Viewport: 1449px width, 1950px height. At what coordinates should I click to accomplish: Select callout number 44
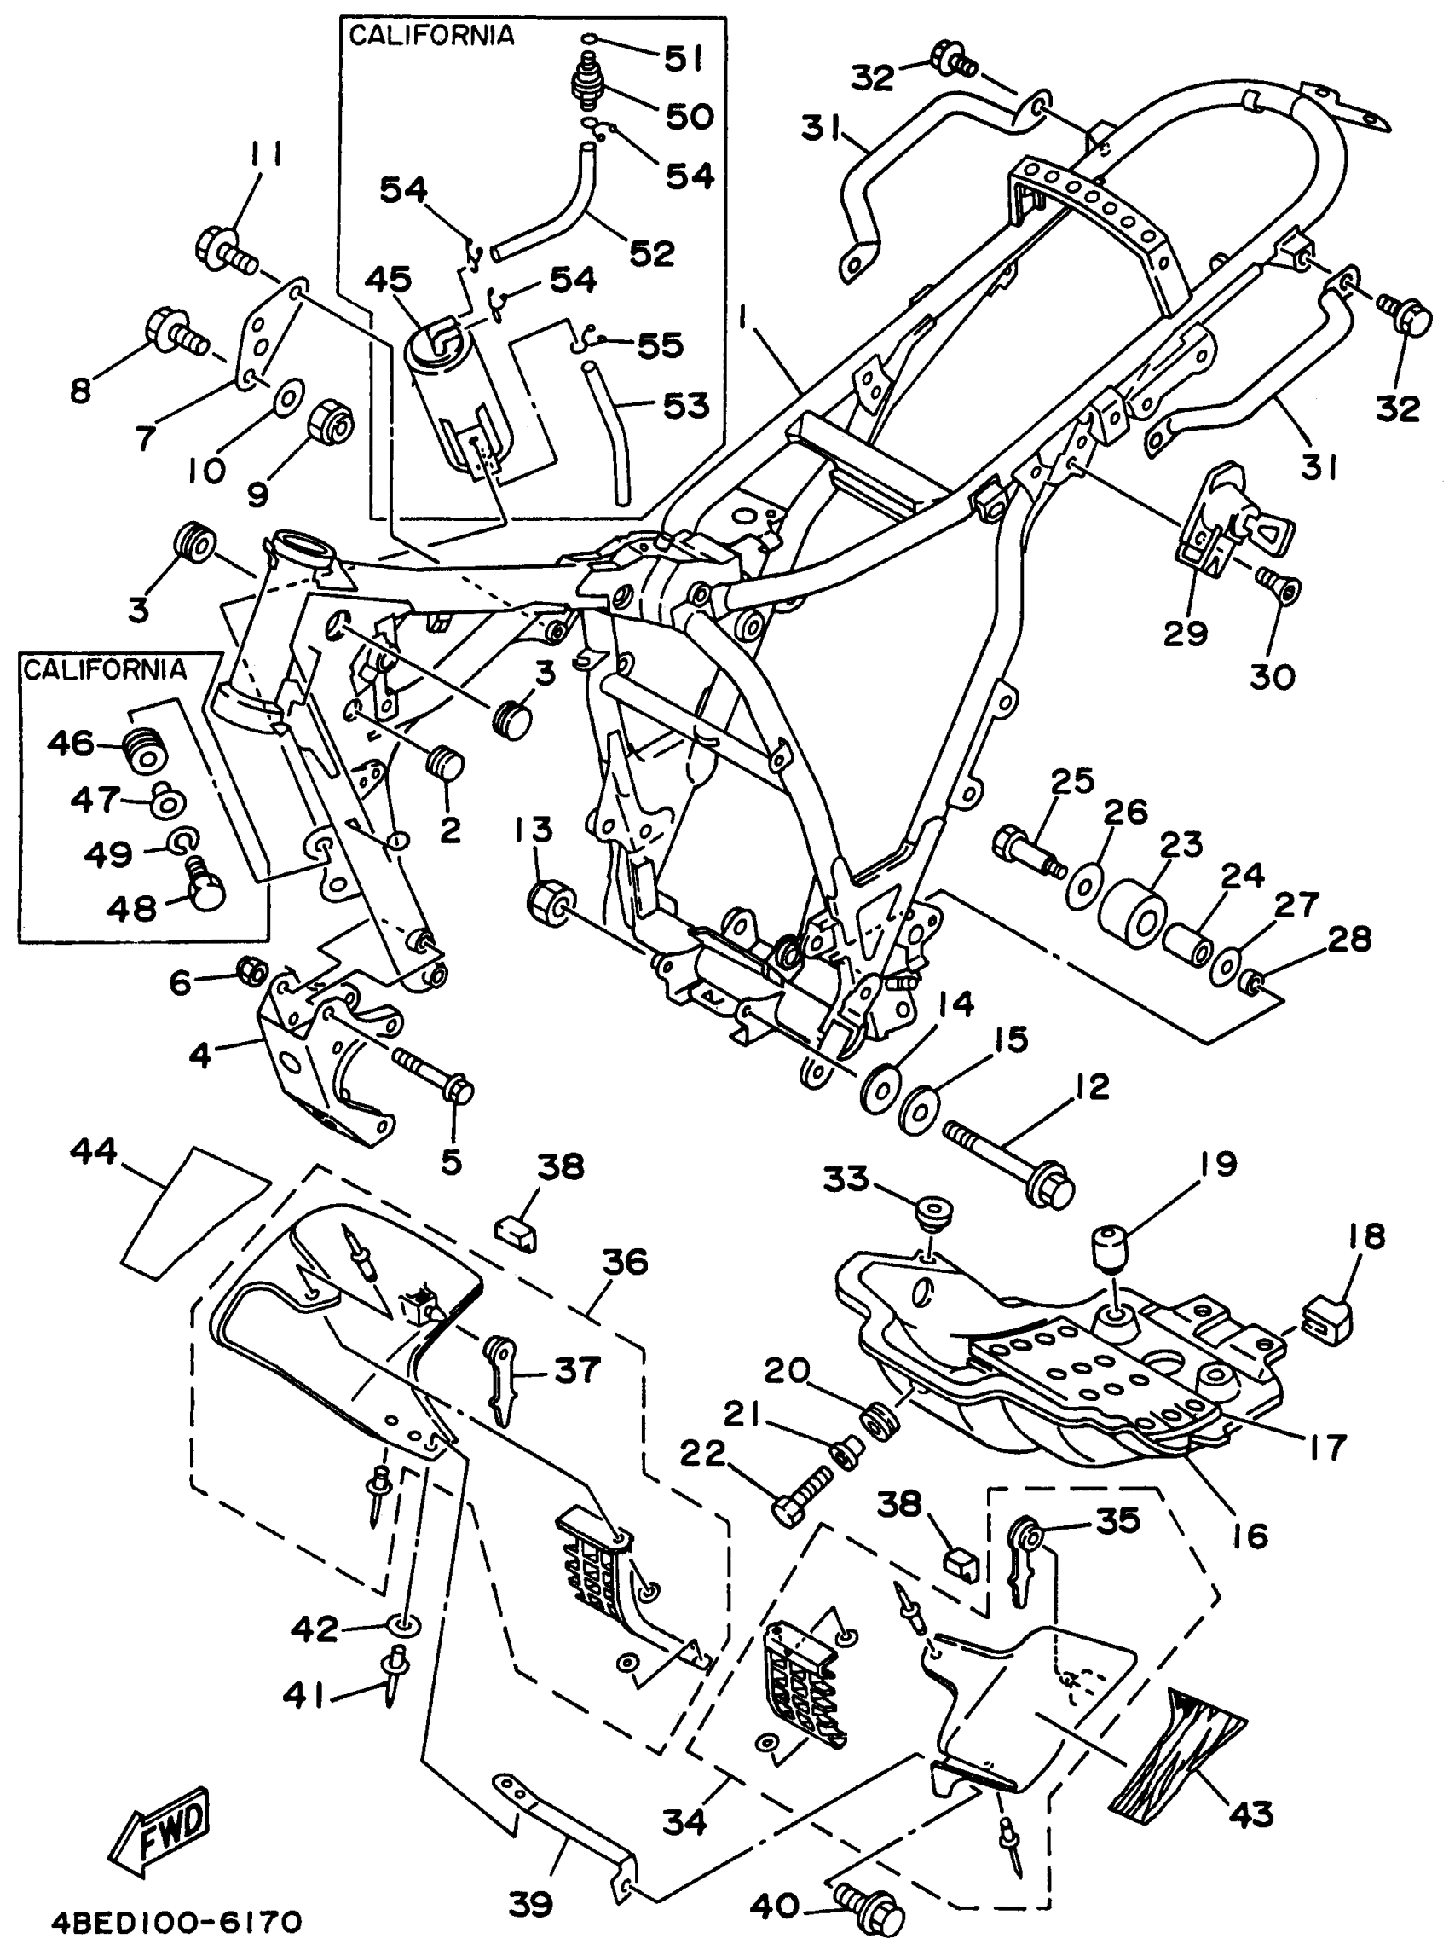94,1151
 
